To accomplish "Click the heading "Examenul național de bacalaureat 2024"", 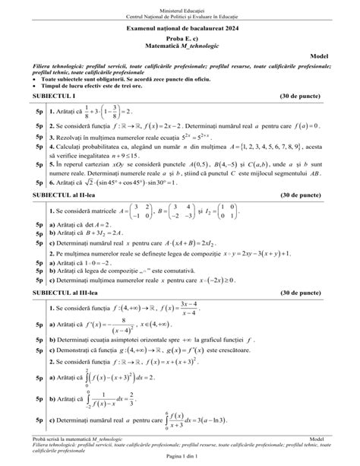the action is point(179,28).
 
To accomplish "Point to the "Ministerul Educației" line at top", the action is point(179,6).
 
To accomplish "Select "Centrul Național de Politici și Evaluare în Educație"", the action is point(179,14).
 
